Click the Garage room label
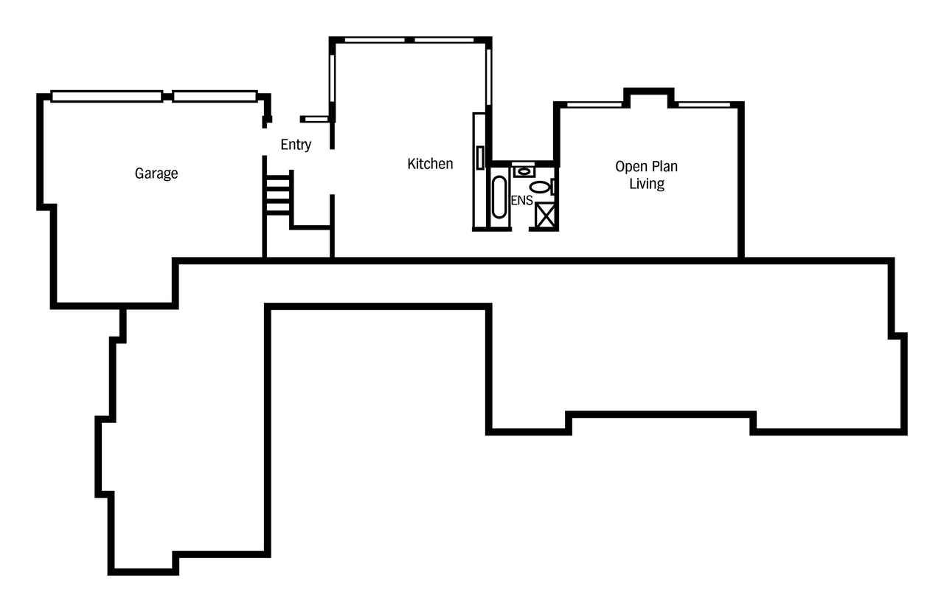pos(156,173)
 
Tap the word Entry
pos(296,145)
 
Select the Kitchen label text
pos(430,164)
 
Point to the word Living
pos(647,184)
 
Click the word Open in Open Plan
pos(629,167)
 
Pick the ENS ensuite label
pos(521,200)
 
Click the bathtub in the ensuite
pos(499,197)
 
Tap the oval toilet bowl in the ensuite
pos(539,187)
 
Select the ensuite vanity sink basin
pos(524,171)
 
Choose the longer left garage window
pos(107,96)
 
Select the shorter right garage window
pos(215,96)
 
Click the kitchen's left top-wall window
pos(375,41)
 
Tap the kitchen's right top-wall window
pos(444,41)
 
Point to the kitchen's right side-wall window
pos(489,77)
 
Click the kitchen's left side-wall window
pos(332,78)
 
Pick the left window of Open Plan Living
pos(594,105)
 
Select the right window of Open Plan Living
pos(704,105)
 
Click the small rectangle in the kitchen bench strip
pos(480,158)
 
